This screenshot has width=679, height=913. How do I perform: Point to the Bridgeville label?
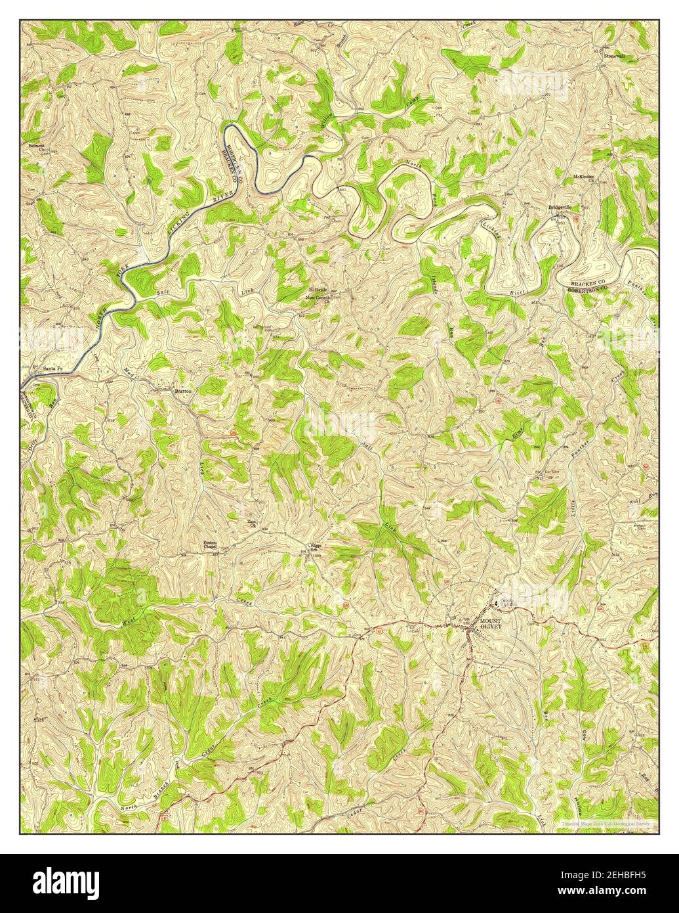pos(560,208)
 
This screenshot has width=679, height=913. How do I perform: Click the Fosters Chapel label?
pos(210,545)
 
